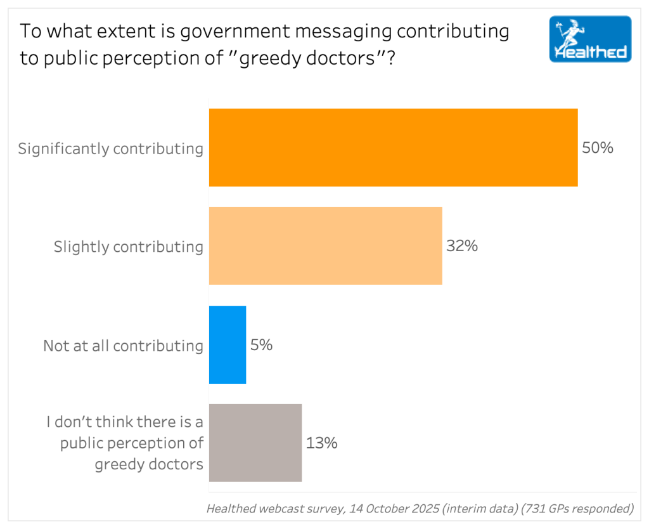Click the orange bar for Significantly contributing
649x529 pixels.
click(x=393, y=148)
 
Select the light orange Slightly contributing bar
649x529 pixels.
click(x=325, y=245)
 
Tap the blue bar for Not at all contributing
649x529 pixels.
click(x=228, y=344)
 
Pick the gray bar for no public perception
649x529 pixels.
click(x=255, y=443)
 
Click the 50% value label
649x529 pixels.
click(x=598, y=148)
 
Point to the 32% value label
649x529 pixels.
click(x=461, y=246)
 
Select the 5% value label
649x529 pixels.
click(x=262, y=345)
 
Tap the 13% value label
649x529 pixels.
click(x=321, y=443)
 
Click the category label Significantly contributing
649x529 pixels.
click(x=111, y=149)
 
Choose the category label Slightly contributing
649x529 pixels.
click(x=129, y=247)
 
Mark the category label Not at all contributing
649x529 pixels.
click(x=123, y=346)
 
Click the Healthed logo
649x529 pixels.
click(x=590, y=39)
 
